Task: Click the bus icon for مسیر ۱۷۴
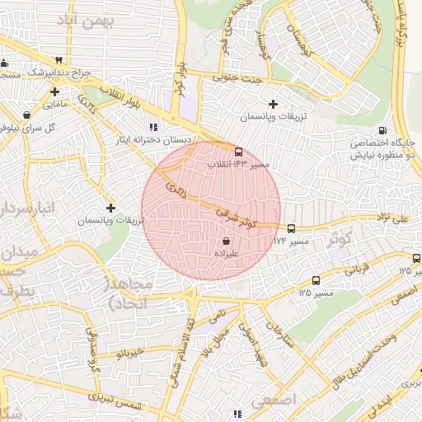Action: pyautogui.click(x=291, y=228)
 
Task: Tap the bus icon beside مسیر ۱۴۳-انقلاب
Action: pyautogui.click(x=238, y=152)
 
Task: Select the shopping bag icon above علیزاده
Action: pyautogui.click(x=226, y=241)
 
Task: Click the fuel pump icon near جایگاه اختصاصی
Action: pyautogui.click(x=382, y=131)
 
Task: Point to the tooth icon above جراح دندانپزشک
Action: pyautogui.click(x=59, y=60)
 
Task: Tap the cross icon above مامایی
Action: pyautogui.click(x=54, y=91)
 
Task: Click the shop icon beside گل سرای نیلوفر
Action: pyautogui.click(x=27, y=115)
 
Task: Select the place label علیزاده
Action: pyautogui.click(x=227, y=256)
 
